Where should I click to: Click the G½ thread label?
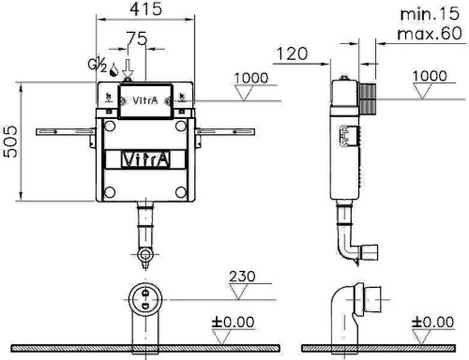coord(96,66)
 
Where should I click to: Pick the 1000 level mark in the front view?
coord(247,78)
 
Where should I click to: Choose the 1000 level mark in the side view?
coord(430,76)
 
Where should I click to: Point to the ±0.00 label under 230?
coord(233,322)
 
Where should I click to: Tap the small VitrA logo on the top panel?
coord(144,97)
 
